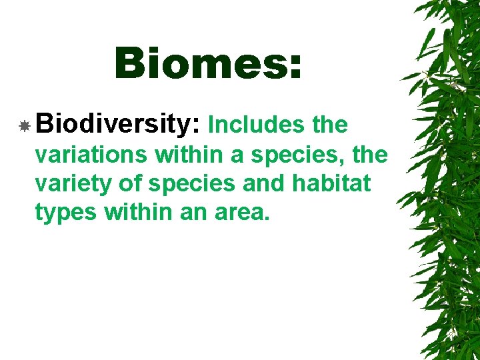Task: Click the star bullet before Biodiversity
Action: point(24,125)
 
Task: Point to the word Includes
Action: point(257,125)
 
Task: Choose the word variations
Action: point(91,155)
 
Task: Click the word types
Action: point(64,214)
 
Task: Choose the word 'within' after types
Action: point(137,213)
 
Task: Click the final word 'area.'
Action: point(244,214)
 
